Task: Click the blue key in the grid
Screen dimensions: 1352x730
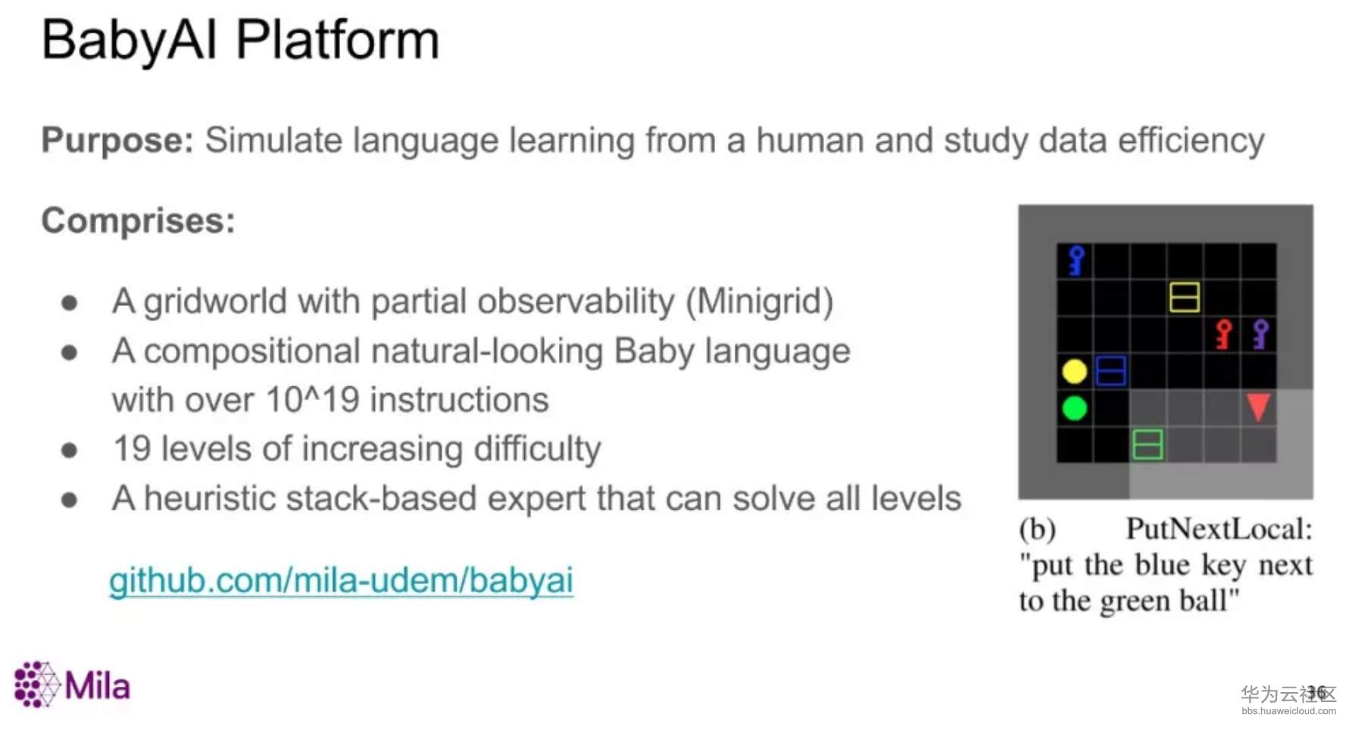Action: click(1076, 260)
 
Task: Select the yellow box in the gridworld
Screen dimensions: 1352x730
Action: click(1184, 298)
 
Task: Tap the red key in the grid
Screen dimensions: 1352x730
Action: click(1223, 334)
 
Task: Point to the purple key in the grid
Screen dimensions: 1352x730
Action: click(1260, 334)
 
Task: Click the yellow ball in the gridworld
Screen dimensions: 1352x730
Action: click(1075, 371)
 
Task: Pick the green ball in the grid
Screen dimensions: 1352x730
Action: click(1075, 408)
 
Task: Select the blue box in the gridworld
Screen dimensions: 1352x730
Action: click(1111, 371)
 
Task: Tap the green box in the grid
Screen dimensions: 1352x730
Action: click(1147, 445)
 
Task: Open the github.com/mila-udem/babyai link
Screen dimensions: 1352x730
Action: click(341, 581)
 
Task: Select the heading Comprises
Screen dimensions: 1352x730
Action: click(139, 221)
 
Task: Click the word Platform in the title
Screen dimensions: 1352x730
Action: click(338, 39)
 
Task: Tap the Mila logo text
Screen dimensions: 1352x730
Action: click(97, 686)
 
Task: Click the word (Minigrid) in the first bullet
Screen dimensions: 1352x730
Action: click(760, 301)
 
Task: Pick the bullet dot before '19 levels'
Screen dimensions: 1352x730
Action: click(70, 451)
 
